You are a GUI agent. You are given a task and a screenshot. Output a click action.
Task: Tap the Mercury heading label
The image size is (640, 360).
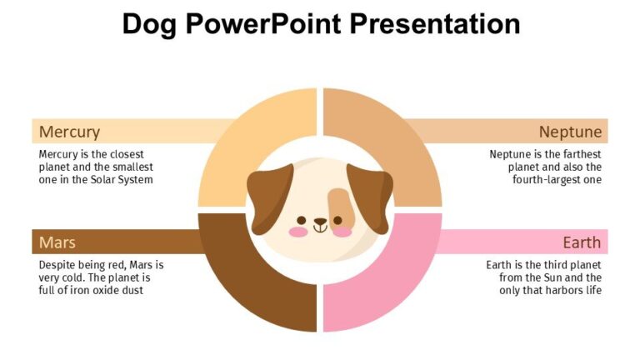(69, 132)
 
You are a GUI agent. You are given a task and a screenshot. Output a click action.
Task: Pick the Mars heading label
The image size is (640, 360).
(57, 242)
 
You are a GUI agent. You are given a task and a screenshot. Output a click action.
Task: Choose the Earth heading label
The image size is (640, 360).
(582, 242)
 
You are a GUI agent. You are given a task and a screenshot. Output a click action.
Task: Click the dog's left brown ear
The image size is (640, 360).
(268, 195)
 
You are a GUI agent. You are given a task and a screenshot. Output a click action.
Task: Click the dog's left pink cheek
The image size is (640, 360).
(298, 231)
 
